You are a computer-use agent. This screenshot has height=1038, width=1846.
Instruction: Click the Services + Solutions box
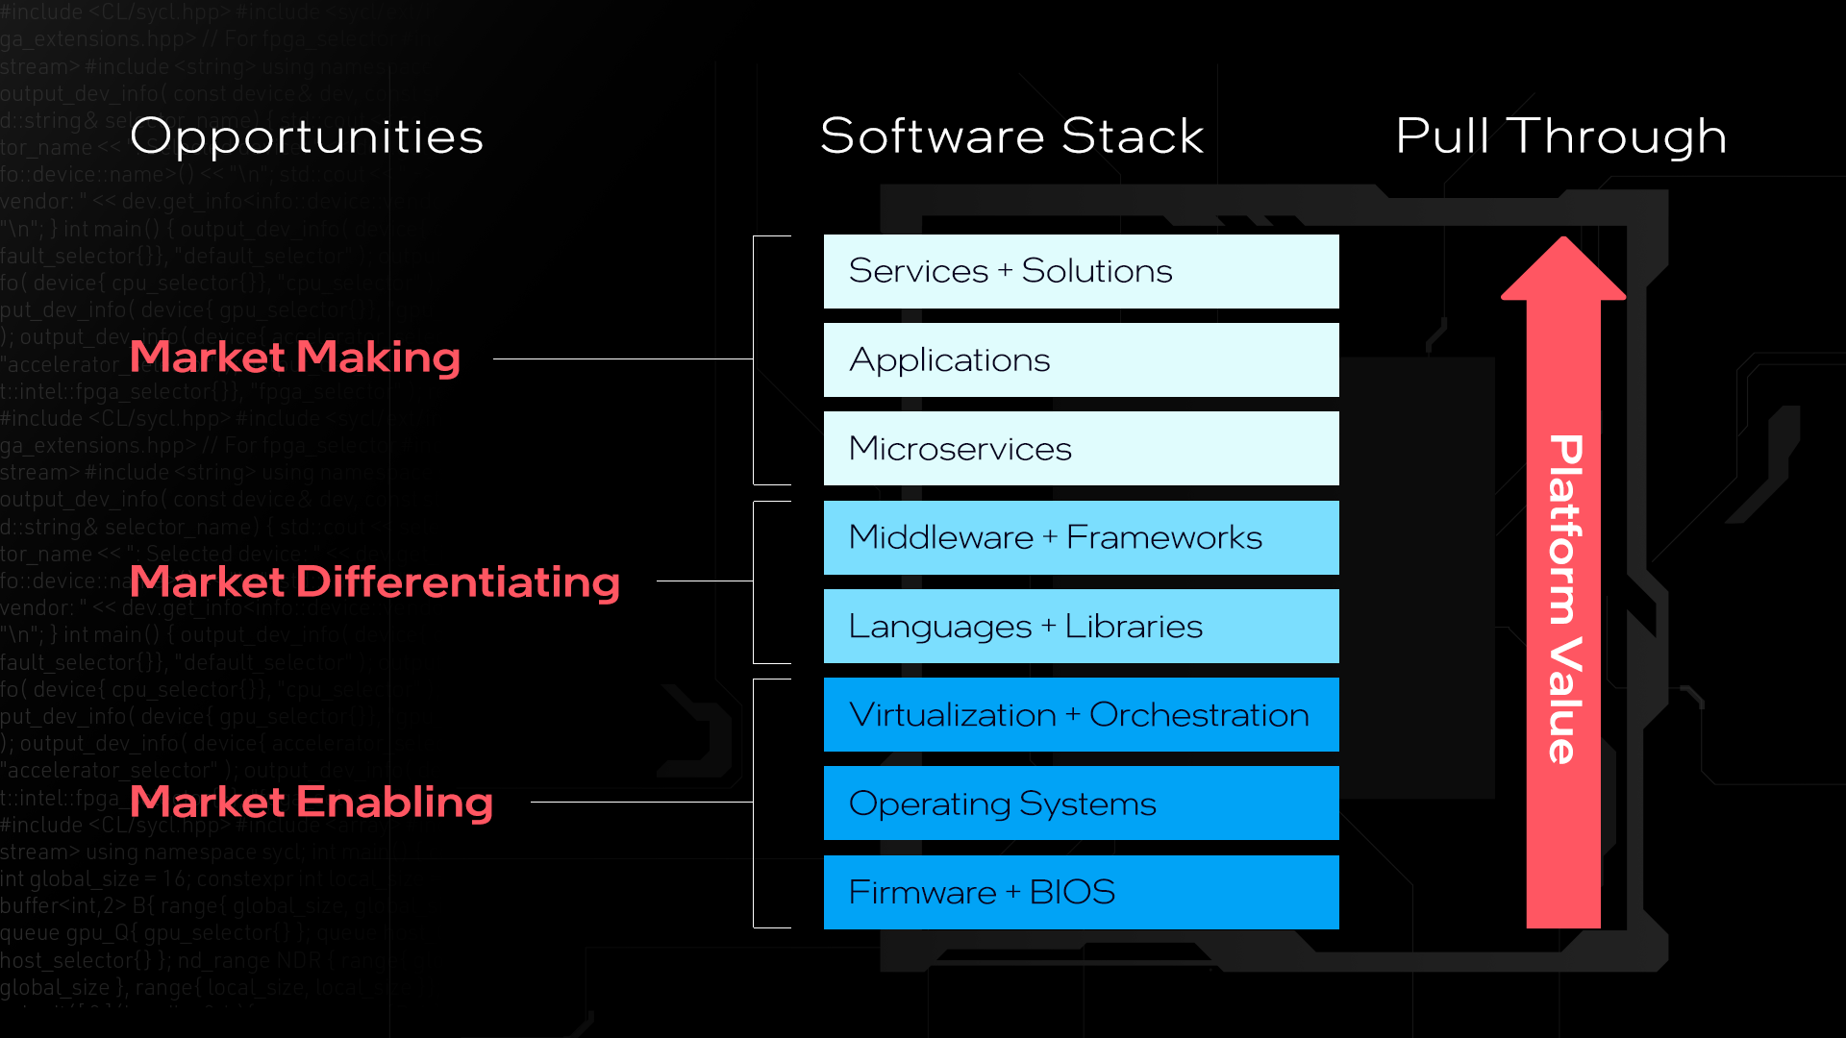1081,271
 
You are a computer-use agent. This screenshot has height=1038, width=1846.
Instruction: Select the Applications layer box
1081,359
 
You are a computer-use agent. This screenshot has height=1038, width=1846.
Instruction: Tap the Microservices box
1081,448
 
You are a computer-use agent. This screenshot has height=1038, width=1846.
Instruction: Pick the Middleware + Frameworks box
1081,537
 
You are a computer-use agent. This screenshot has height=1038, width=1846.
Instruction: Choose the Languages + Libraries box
1081,626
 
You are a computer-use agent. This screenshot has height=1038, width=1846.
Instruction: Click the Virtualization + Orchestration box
1081,714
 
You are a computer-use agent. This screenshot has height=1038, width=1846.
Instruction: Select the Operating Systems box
1081,803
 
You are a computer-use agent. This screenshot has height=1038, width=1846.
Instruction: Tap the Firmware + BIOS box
1081,892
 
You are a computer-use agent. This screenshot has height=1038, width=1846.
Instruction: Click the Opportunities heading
307,136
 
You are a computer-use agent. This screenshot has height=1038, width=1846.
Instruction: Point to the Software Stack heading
1011,136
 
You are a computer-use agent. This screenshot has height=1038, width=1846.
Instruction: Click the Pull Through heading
1560,136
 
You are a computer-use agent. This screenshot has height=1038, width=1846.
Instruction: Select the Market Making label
295,358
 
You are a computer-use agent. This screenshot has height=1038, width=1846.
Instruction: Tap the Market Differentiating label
375,581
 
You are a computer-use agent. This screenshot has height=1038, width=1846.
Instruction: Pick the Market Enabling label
312,802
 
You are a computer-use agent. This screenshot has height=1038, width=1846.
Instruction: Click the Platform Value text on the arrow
1564,598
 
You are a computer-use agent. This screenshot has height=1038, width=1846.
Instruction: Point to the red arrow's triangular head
1563,272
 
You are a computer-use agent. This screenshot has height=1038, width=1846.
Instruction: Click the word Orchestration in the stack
1199,715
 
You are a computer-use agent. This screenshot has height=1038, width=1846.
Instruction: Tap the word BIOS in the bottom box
1072,892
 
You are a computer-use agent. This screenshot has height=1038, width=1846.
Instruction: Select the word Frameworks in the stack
1163,537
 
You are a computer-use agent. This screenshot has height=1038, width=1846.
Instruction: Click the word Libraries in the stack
1134,627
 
